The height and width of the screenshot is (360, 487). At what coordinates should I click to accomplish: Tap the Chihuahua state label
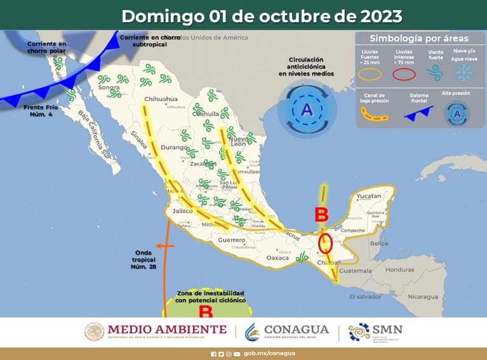(x=161, y=99)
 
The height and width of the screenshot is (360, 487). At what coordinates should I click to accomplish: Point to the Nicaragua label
(x=423, y=297)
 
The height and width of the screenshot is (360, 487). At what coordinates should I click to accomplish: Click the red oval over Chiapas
(x=325, y=243)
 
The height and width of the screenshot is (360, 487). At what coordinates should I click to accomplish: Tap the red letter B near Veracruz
(x=321, y=215)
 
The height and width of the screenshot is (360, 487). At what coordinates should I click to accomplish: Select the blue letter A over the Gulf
(x=307, y=110)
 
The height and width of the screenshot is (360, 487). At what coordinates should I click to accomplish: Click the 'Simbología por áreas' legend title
(x=419, y=38)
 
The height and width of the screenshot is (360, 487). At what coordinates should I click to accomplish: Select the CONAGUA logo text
(x=297, y=329)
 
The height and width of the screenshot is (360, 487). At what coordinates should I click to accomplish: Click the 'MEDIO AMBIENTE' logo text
(x=167, y=329)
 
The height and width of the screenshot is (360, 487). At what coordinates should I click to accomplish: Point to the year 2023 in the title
(x=380, y=15)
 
